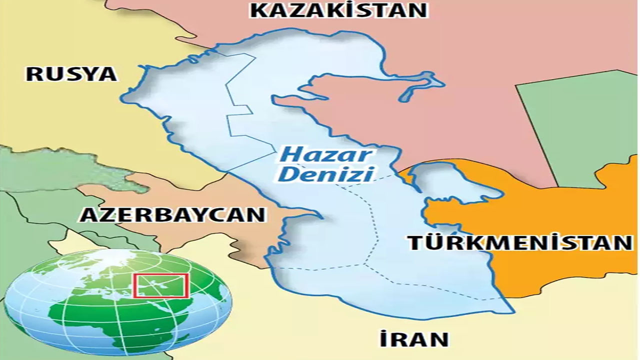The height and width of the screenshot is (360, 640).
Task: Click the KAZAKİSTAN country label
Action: coord(338,10)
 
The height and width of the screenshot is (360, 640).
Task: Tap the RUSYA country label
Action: coord(71,74)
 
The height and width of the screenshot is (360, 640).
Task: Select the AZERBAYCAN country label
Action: coord(172,214)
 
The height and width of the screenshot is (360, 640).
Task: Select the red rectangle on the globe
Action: coord(161,285)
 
